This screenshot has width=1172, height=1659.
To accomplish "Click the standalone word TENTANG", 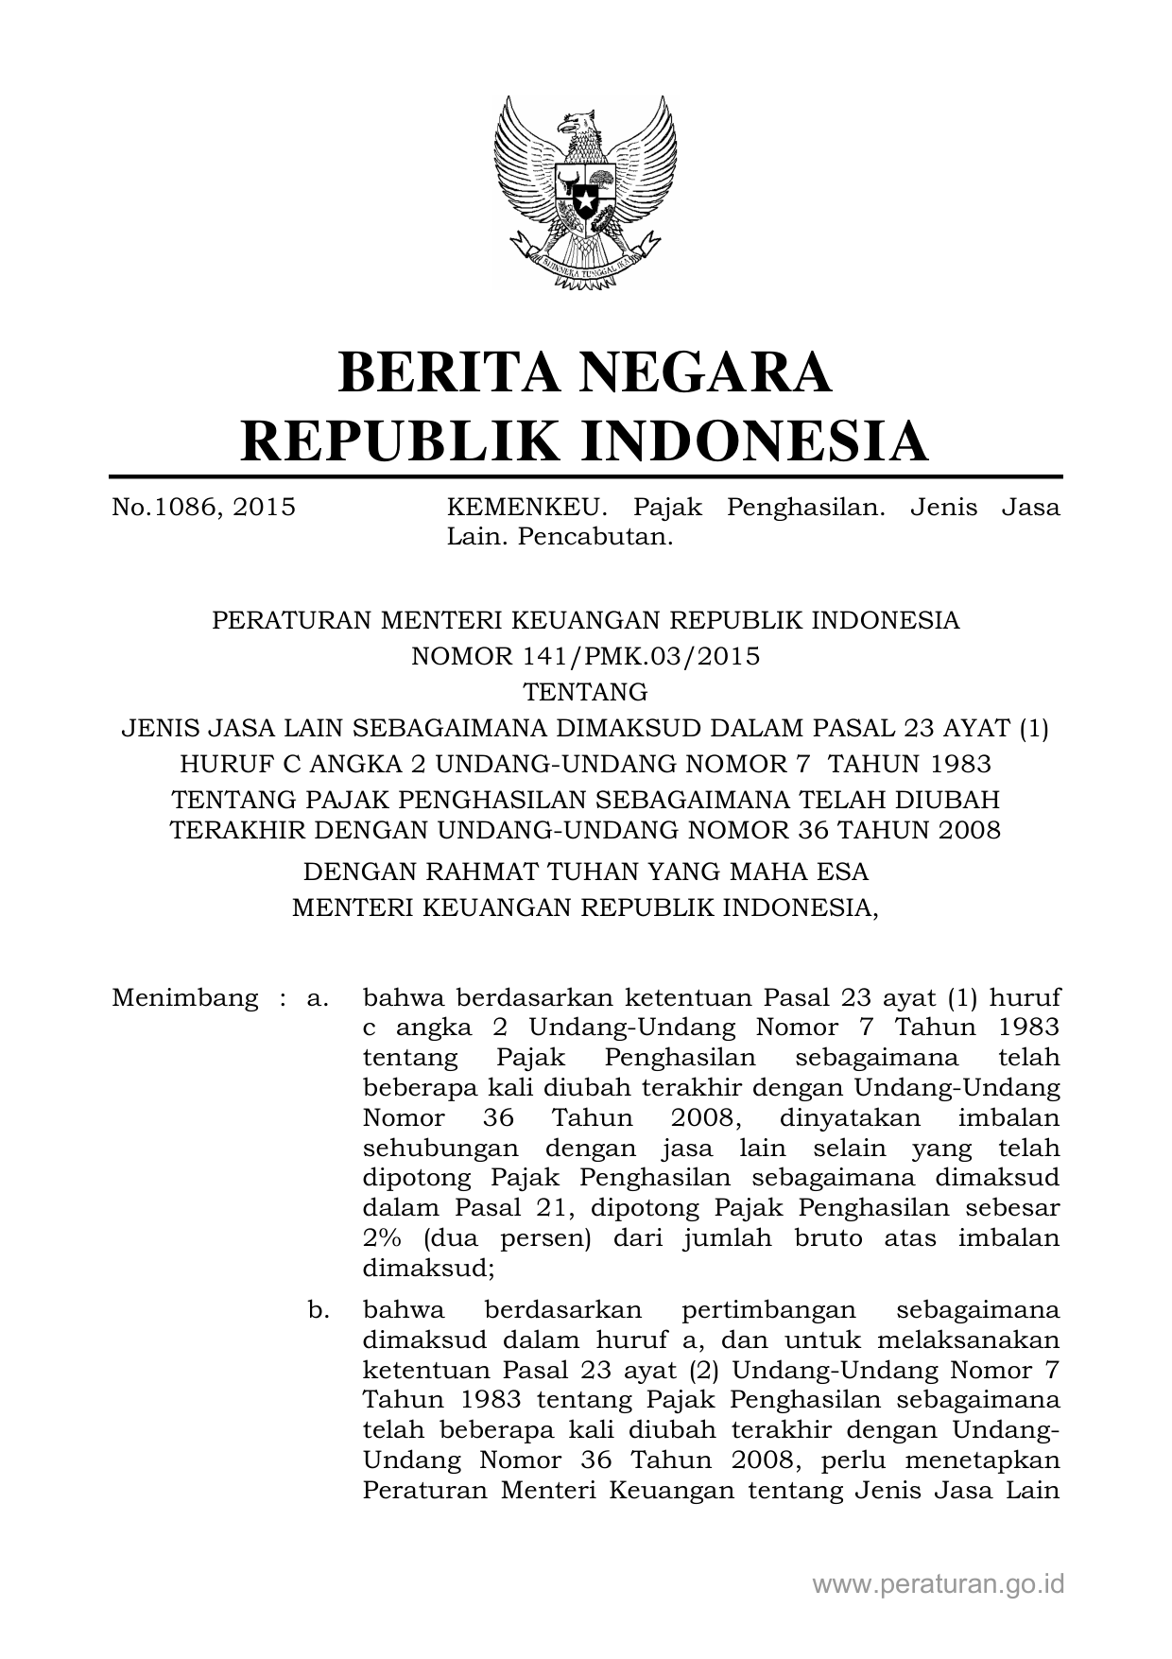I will pos(586,692).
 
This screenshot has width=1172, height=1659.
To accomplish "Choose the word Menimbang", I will pos(184,997).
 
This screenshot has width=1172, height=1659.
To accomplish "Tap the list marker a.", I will pos(318,997).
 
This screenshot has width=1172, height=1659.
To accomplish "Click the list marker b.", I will pos(318,1310).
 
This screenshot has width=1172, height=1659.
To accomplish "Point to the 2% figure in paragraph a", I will pos(382,1237).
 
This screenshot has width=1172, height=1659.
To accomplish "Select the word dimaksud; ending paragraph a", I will pos(428,1268).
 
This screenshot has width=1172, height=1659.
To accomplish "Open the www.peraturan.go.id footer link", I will pos(938,1583).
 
